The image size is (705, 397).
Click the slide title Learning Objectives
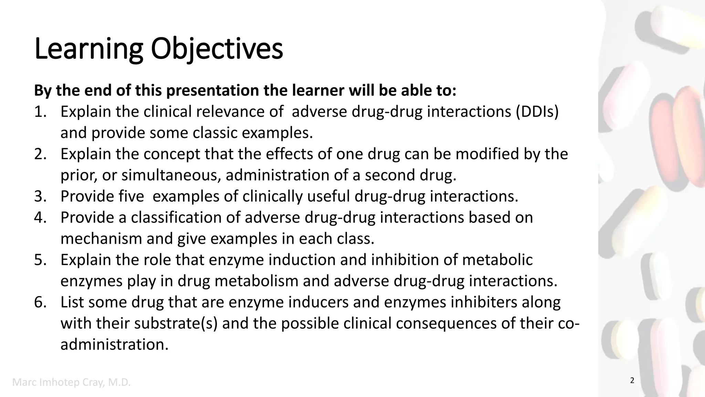[x=158, y=49]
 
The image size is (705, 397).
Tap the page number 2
[x=632, y=381]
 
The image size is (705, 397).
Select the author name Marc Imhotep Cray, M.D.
[x=72, y=382]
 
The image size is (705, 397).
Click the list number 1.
[x=40, y=112]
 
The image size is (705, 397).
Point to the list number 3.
[x=40, y=196]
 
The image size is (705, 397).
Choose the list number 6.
[x=40, y=302]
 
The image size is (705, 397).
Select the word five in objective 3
[x=131, y=196]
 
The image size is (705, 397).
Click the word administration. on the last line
[x=115, y=345]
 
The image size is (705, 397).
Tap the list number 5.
[x=40, y=260]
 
